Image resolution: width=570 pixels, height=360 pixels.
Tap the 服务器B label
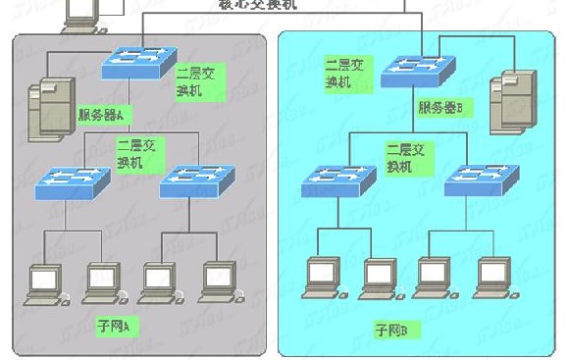tap(446, 107)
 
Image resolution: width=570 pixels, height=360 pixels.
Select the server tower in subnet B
tap(519, 99)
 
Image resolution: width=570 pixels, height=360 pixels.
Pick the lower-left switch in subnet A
tap(73, 182)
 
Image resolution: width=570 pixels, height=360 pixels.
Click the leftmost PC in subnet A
tap(43, 281)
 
